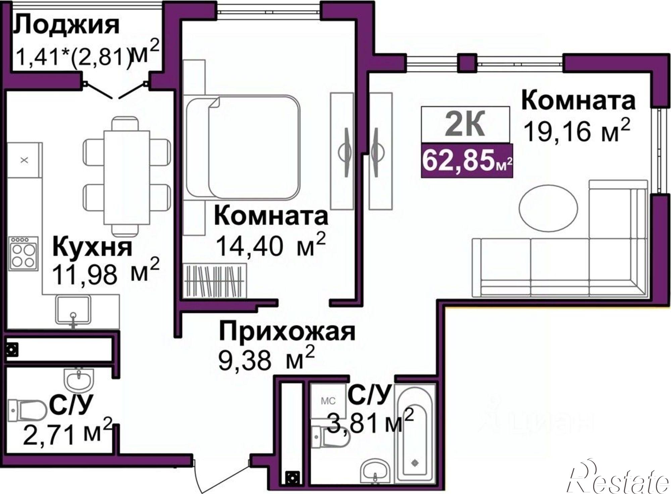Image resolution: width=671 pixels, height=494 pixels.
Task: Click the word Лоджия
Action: pyautogui.click(x=66, y=25)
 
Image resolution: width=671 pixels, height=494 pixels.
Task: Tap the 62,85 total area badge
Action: pyautogui.click(x=467, y=161)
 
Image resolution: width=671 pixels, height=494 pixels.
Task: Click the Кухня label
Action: pyautogui.click(x=93, y=248)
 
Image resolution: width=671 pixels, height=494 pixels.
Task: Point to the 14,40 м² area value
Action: pyautogui.click(x=270, y=246)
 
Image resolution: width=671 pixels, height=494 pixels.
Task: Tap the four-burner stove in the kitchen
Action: pyautogui.click(x=23, y=253)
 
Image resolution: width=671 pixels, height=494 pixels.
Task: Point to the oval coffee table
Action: pyautogui.click(x=548, y=208)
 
